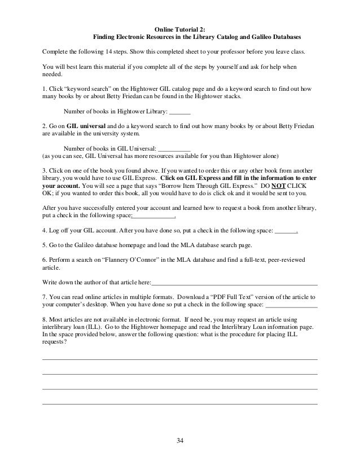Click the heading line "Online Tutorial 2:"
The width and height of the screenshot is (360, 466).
tap(180, 27)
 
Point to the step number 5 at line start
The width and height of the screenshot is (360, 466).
tap(44, 245)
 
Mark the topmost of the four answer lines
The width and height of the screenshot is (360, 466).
tap(180, 359)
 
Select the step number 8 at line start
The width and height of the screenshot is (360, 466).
tap(44, 319)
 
